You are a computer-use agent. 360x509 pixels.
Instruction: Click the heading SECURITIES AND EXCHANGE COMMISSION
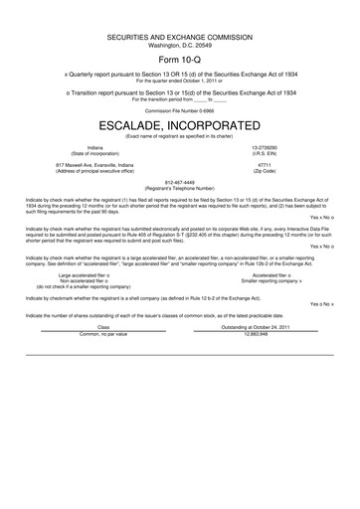(180, 36)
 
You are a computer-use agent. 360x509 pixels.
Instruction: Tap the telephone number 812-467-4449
(180, 182)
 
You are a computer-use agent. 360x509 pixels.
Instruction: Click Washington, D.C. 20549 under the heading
(180, 43)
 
